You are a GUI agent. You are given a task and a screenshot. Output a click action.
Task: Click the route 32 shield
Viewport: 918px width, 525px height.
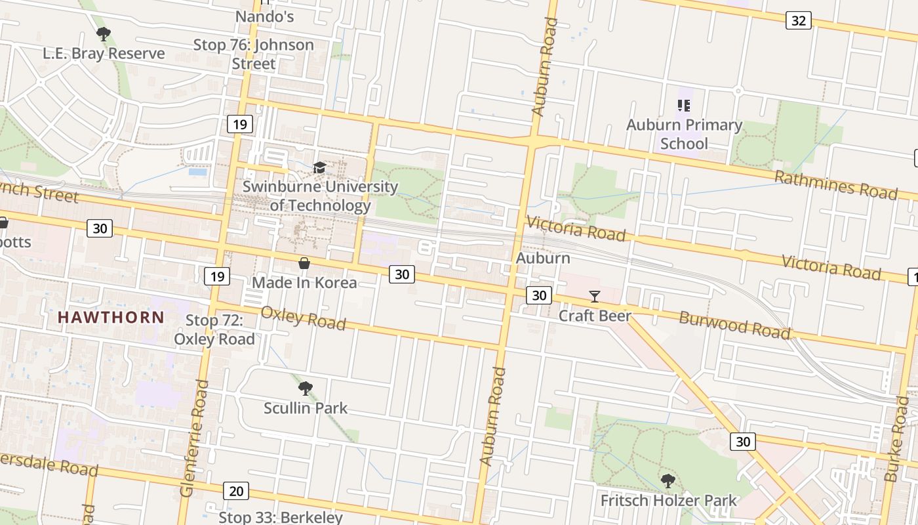coord(798,20)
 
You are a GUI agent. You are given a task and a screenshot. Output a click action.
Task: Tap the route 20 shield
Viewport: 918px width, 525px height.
coord(236,490)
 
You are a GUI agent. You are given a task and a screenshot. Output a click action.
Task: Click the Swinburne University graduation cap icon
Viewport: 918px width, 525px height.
coord(319,168)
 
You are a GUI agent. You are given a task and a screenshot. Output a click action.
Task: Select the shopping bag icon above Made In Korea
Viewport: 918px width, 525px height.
coord(304,264)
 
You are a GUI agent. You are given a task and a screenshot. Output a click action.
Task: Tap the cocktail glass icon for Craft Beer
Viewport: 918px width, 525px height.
coord(594,297)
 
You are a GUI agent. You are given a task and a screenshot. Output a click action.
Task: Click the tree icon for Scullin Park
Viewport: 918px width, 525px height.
coord(305,388)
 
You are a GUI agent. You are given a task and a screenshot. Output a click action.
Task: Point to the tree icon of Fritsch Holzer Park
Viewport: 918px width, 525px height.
coord(668,481)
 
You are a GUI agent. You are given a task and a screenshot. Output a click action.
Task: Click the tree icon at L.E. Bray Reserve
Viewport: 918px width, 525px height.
coord(103,34)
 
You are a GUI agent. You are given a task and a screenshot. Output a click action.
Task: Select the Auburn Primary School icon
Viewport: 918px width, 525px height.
coord(684,106)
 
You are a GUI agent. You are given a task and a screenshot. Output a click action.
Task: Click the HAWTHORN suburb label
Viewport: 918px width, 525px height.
coord(111,317)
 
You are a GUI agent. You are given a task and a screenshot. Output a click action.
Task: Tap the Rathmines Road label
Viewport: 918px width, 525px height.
coord(835,184)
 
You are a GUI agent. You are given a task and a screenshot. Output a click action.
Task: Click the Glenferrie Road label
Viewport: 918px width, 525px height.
coord(195,438)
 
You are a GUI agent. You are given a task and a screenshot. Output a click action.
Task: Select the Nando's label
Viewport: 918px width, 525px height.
coord(264,16)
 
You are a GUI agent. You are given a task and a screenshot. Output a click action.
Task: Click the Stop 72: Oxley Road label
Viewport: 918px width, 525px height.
coord(214,329)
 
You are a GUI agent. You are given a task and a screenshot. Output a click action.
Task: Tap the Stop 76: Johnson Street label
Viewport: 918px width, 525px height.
coord(253,54)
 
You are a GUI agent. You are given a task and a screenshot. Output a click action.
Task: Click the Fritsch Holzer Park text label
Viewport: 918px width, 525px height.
coord(668,501)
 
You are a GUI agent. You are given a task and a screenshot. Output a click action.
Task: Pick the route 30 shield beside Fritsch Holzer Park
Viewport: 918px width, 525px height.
coord(742,442)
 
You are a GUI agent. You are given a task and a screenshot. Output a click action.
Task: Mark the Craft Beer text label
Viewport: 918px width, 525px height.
coord(594,316)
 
